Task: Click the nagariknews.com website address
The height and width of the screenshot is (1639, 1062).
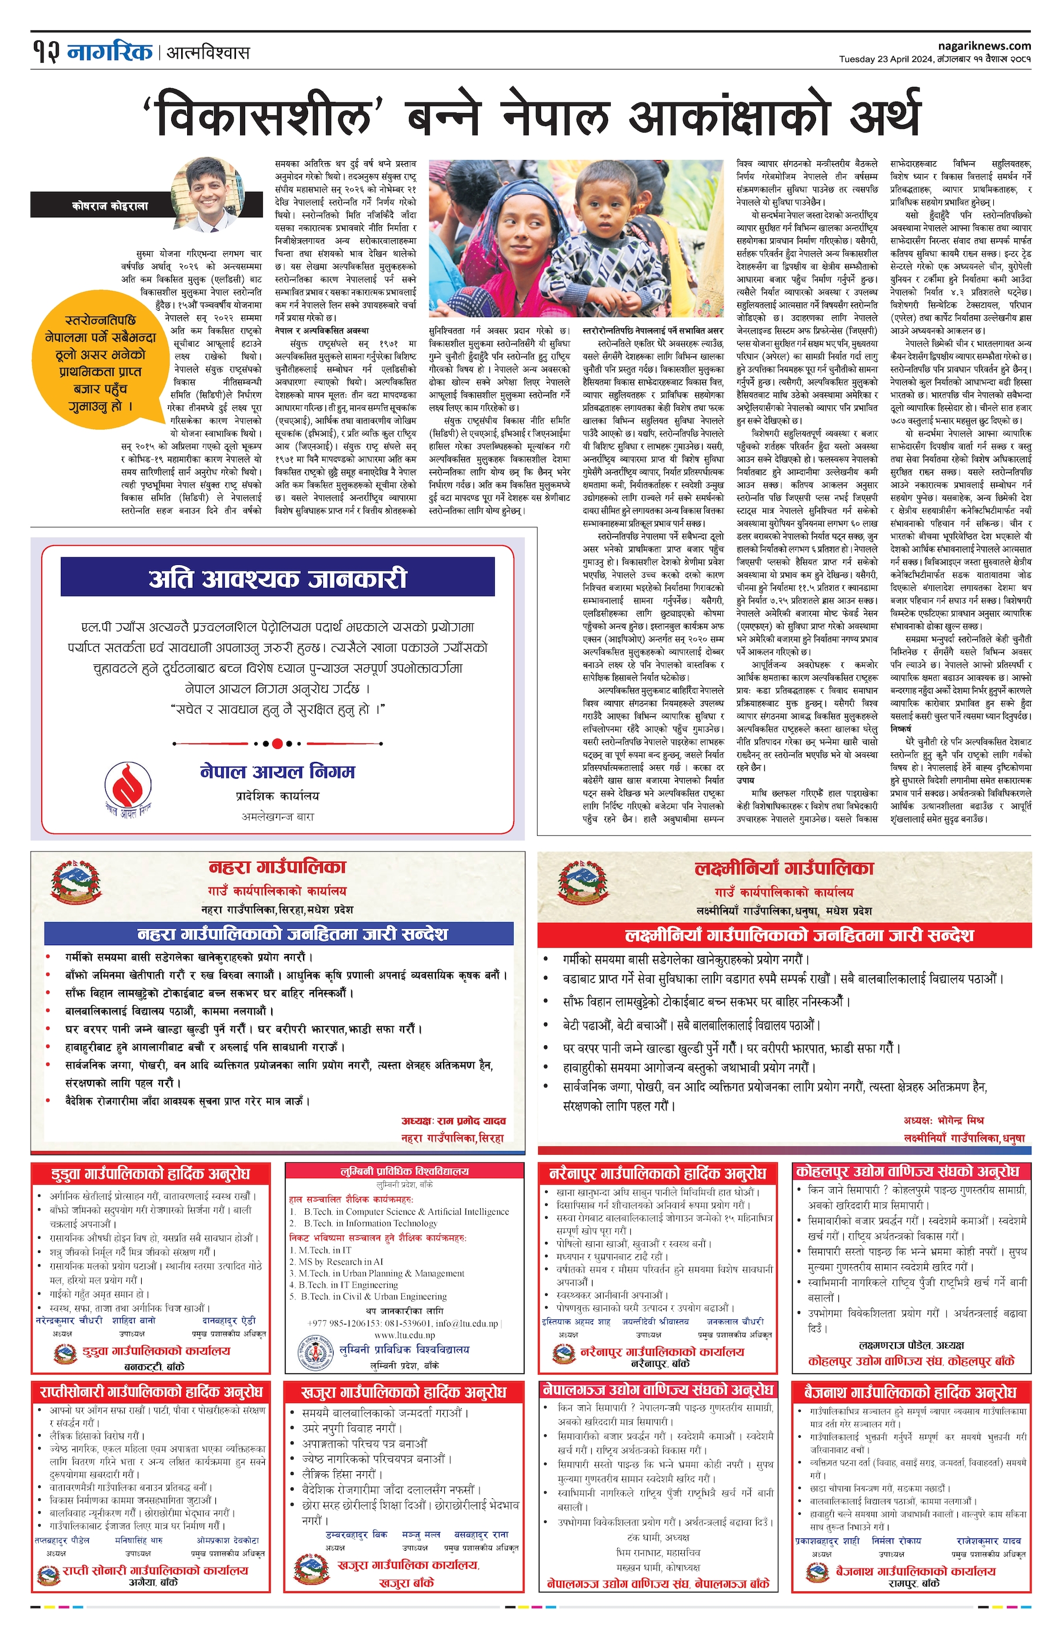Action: click(x=984, y=45)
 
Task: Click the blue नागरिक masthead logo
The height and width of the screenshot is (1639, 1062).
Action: click(x=109, y=52)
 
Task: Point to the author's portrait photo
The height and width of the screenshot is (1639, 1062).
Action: click(x=208, y=194)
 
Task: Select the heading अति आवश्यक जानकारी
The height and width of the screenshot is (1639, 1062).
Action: click(x=277, y=578)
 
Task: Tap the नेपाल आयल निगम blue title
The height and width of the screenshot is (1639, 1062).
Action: click(x=277, y=770)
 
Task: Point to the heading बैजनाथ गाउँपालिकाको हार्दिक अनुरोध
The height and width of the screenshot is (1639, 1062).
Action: click(x=911, y=1392)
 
